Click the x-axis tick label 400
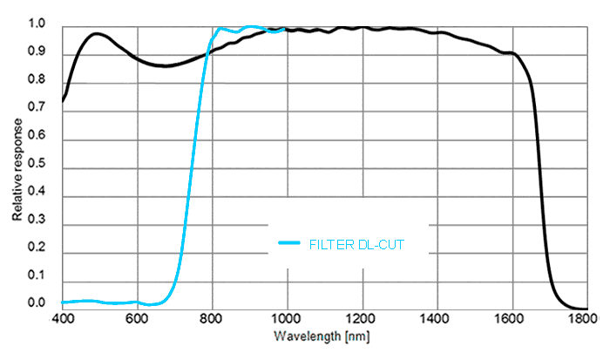62,319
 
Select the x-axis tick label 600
137,319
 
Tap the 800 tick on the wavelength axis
212,319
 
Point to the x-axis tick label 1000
287,319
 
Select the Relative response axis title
17,165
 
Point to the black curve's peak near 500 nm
98,34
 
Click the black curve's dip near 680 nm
165,65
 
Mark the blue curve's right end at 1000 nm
286,30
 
